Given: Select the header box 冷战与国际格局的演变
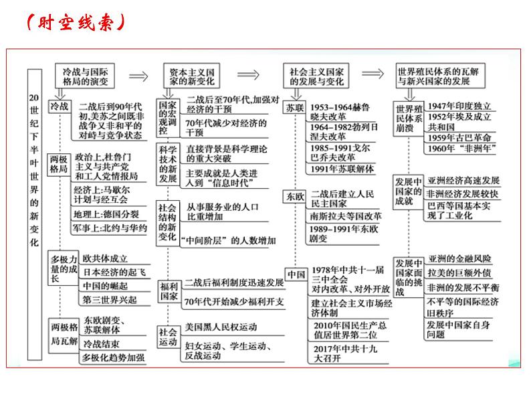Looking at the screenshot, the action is pos(84,75).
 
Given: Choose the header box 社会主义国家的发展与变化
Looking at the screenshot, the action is pos(316,75).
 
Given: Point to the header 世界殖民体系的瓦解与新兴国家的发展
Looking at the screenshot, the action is pos(440,75).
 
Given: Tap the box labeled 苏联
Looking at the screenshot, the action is pos(294,107).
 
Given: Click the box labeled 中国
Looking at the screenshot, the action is pos(295,274).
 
